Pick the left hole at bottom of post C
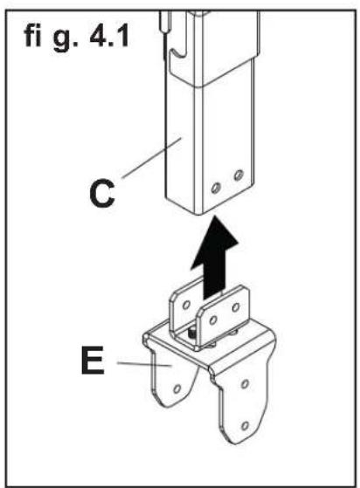pos(218,185)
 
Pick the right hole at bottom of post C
pos(237,177)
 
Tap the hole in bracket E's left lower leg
pos(179,385)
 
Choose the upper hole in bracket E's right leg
pos(247,385)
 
